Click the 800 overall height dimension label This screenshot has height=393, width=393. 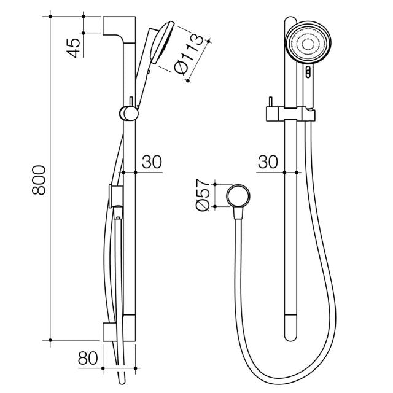tap(38, 179)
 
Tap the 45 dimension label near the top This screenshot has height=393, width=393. tap(73, 47)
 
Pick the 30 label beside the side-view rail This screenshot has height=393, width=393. tap(151, 162)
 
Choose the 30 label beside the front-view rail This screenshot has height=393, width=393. tap(267, 162)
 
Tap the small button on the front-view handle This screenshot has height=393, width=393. tap(307, 74)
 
